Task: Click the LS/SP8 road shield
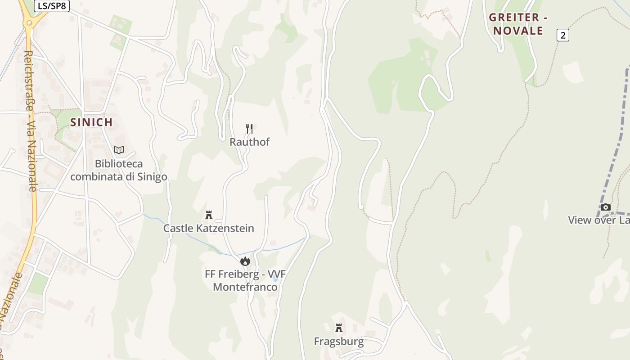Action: point(51,6)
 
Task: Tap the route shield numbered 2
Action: point(562,35)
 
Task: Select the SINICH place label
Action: point(91,122)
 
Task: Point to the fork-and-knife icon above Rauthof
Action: point(249,128)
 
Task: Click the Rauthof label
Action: point(249,142)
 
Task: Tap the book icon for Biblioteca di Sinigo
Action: point(118,150)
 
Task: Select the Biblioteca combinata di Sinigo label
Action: point(118,170)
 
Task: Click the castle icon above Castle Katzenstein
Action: point(208,215)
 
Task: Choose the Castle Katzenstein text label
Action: point(208,228)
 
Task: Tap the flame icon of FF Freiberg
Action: point(245,261)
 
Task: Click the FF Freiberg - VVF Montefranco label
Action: point(245,280)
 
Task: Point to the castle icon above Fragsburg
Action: point(338,328)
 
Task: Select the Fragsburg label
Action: point(338,341)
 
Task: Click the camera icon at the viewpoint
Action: point(606,207)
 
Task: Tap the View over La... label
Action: point(598,220)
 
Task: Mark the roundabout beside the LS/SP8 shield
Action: point(29,21)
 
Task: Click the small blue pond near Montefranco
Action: point(275,279)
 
